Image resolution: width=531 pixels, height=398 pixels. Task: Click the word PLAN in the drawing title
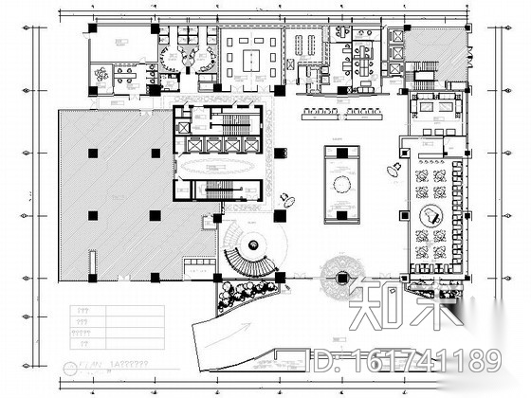[x=92, y=364]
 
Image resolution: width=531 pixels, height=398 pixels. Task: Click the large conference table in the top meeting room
[x=249, y=56]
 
